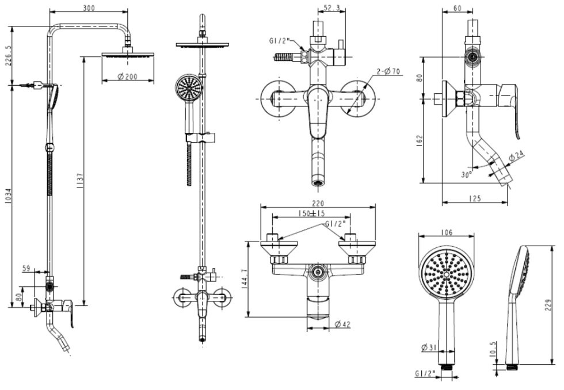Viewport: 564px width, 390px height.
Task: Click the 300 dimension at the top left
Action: [89, 7]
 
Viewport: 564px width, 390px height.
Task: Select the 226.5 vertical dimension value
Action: [7, 56]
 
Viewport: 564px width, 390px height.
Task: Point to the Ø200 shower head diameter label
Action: [128, 77]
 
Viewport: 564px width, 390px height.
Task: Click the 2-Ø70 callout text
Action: [388, 71]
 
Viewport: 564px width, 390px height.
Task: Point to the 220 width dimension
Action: [318, 203]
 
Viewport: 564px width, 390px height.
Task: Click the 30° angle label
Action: [467, 173]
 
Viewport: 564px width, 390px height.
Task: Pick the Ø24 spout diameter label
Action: [517, 155]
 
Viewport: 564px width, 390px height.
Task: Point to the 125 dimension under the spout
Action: [475, 199]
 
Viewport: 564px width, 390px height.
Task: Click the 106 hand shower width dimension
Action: [447, 232]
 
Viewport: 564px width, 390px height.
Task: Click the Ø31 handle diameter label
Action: [428, 347]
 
